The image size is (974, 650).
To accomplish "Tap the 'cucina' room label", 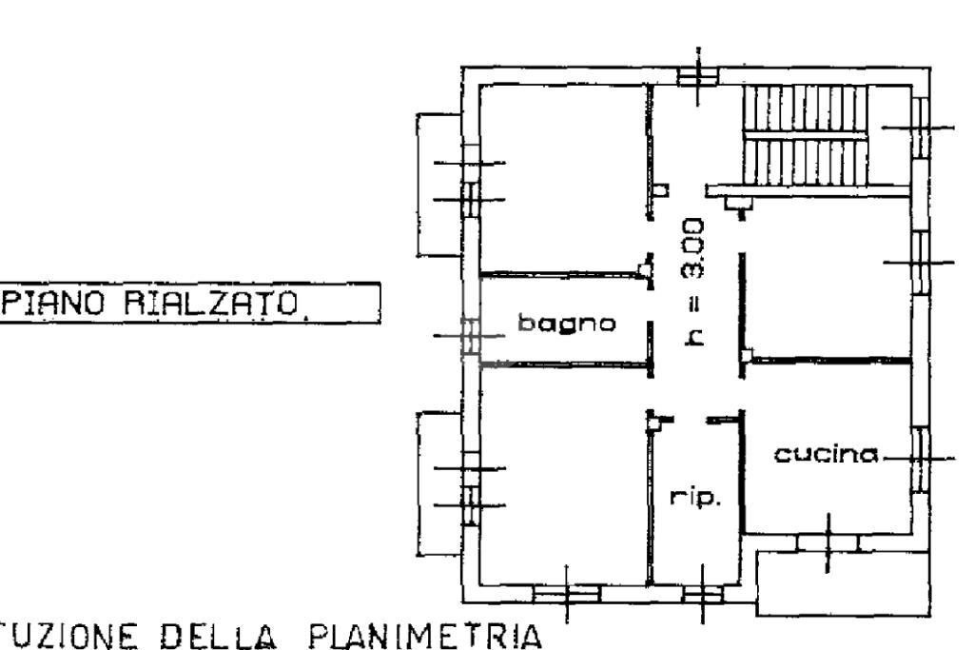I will (x=825, y=455).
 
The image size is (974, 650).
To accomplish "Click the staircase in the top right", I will (x=805, y=138).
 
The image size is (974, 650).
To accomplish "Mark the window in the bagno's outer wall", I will (x=469, y=336).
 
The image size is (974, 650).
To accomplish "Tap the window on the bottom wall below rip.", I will (x=702, y=595).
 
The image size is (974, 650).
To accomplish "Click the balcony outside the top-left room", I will (x=438, y=184).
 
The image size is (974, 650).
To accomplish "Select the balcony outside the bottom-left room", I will (x=438, y=483).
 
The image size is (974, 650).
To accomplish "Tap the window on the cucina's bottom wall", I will (x=827, y=542).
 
